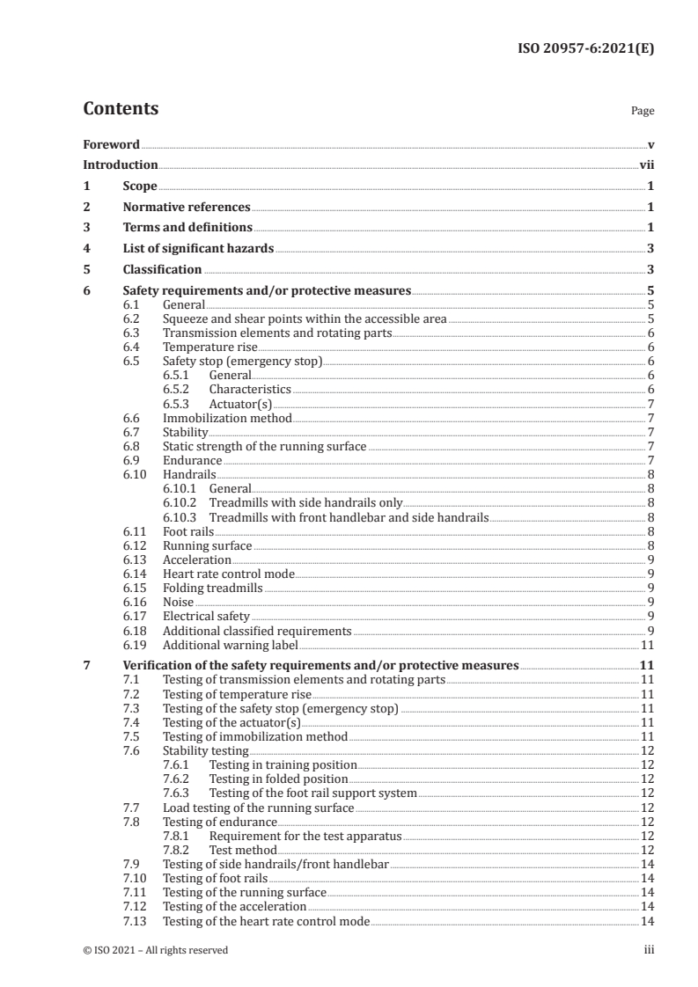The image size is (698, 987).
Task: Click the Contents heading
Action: pos(121,110)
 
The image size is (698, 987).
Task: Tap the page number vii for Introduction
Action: pos(647,165)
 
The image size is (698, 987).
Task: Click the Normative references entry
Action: pos(187,208)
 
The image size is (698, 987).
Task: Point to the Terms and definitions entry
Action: pos(180,228)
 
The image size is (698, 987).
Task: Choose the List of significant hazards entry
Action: pos(199,249)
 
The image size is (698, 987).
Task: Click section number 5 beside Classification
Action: pos(86,270)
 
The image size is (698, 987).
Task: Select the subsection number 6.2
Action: pos(131,318)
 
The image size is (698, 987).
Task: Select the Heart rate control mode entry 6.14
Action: pos(229,574)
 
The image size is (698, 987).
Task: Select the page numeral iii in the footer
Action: pos(649,950)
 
